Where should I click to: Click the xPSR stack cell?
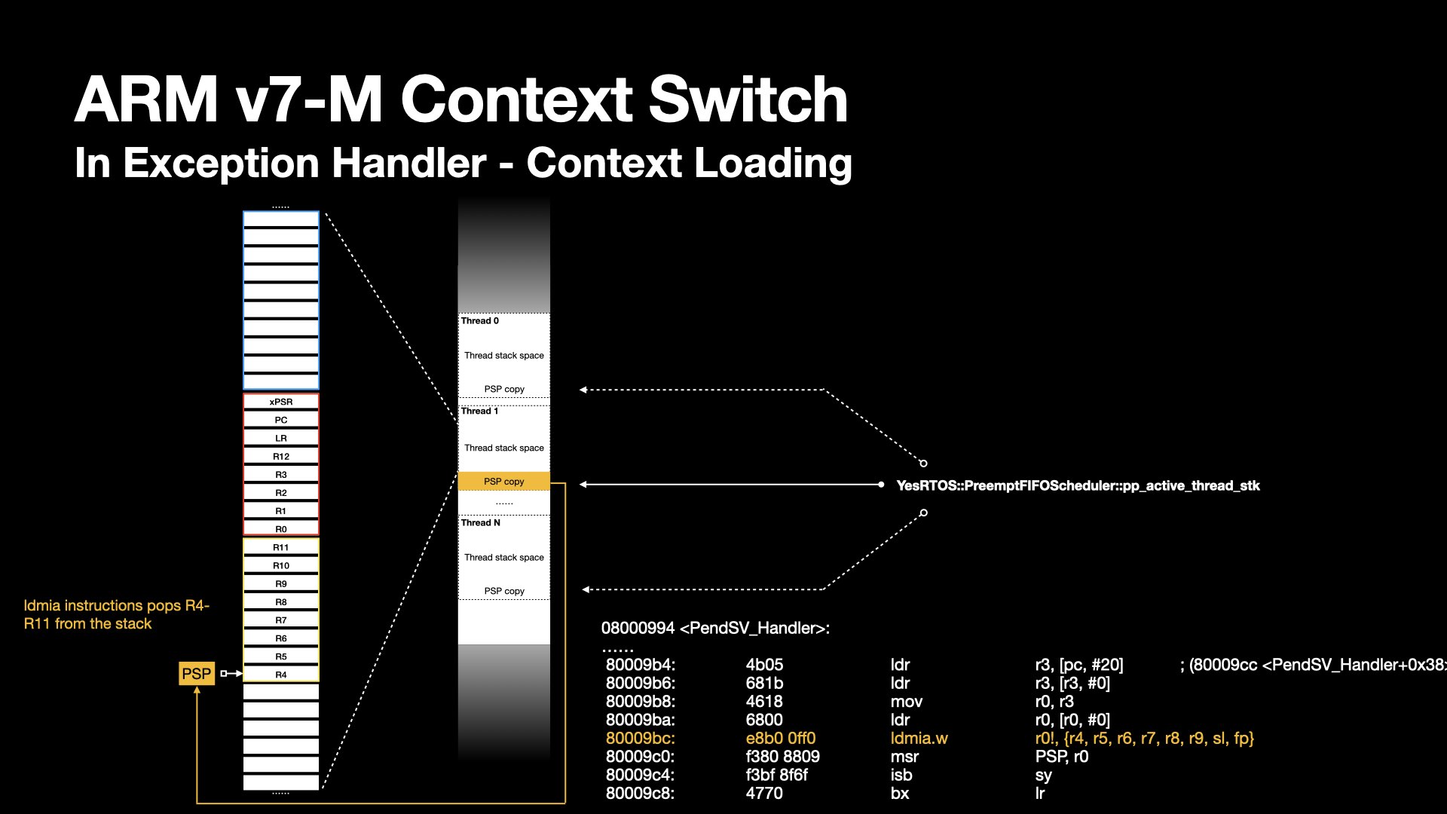(281, 402)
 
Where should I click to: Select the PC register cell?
(281, 420)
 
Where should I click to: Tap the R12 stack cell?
(281, 456)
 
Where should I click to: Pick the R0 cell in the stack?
(281, 529)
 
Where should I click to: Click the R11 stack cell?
(281, 547)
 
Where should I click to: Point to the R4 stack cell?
(281, 675)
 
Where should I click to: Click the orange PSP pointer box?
(197, 673)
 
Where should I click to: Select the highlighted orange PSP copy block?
(503, 481)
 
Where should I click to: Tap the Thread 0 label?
(480, 320)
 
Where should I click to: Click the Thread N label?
(481, 522)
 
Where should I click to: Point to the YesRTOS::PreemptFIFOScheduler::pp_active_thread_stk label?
(1078, 485)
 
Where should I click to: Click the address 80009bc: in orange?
(641, 738)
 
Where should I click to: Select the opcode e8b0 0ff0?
(781, 738)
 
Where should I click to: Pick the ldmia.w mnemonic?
(919, 738)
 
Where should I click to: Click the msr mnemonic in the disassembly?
(904, 756)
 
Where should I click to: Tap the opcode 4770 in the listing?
(764, 793)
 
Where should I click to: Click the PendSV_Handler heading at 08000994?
(715, 628)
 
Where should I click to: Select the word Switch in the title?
(748, 99)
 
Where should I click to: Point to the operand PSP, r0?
(1062, 756)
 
